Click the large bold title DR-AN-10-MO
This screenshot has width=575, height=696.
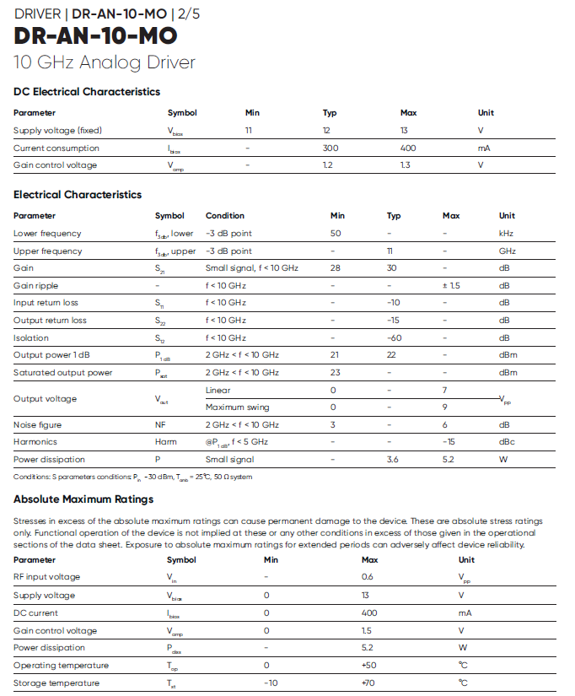click(x=96, y=37)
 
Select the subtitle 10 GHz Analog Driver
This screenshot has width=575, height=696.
click(x=105, y=62)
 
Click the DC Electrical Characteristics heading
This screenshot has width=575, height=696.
click(x=87, y=92)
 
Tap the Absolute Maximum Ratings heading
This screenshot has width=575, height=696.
click(x=83, y=499)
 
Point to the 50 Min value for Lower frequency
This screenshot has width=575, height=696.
click(x=336, y=234)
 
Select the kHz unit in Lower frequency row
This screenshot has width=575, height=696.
click(x=506, y=234)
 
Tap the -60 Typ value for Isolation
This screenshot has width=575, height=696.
click(x=393, y=337)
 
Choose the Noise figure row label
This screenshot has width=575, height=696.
click(x=37, y=425)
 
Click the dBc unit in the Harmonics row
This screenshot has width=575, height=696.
click(x=506, y=442)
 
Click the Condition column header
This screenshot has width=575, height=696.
click(x=224, y=216)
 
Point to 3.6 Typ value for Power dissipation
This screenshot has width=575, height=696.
click(x=392, y=460)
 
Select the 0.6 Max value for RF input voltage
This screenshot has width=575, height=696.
click(x=368, y=577)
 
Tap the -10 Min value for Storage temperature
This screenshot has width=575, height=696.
click(x=271, y=683)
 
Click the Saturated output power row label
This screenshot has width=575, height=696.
click(x=62, y=373)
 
